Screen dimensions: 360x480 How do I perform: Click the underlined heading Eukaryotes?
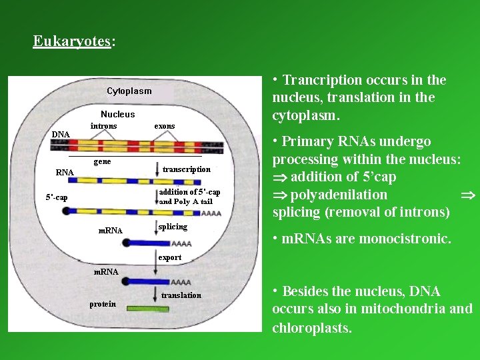click(x=71, y=41)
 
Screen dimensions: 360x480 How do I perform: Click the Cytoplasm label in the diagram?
click(x=129, y=91)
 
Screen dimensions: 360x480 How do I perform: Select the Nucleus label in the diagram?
click(x=118, y=115)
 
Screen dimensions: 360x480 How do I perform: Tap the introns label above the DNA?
click(x=103, y=126)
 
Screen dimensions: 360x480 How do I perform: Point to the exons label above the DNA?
click(x=165, y=126)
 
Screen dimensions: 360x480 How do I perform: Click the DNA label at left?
click(x=61, y=135)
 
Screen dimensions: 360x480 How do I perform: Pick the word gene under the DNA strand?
click(x=102, y=162)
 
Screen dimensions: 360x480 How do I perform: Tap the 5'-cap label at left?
click(x=57, y=198)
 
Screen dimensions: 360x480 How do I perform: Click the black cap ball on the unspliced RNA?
click(x=66, y=211)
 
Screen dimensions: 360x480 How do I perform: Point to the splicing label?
click(x=173, y=227)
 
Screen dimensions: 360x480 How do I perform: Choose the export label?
click(x=170, y=257)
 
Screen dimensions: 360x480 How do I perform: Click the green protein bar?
click(x=148, y=309)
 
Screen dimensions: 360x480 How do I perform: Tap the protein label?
click(x=103, y=304)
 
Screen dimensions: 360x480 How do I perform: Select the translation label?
click(x=181, y=295)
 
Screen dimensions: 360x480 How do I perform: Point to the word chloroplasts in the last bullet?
click(x=311, y=328)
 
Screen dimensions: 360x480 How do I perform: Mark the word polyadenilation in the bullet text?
click(x=339, y=195)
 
